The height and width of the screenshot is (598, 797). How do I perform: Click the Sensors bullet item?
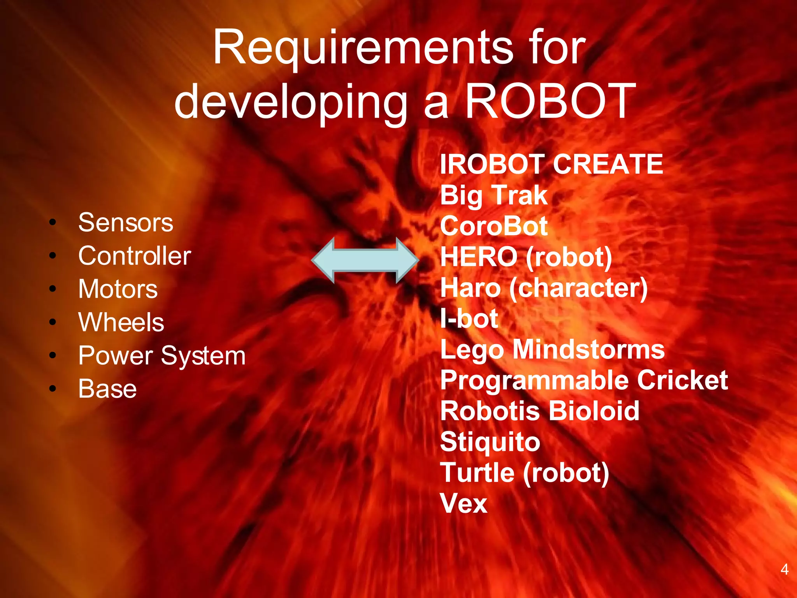[125, 223]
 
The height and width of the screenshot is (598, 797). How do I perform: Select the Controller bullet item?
[135, 256]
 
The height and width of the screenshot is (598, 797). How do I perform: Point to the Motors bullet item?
[118, 289]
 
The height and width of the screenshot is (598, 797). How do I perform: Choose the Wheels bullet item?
[121, 322]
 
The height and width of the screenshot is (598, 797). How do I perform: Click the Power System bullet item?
[162, 356]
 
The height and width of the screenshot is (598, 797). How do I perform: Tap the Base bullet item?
[107, 389]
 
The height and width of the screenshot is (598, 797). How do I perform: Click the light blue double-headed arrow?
[365, 260]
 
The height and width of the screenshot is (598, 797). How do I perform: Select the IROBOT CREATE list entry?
[551, 164]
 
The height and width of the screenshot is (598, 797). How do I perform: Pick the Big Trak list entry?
[494, 195]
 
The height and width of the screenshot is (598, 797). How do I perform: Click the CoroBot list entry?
[494, 226]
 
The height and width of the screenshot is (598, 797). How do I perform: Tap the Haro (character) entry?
[544, 288]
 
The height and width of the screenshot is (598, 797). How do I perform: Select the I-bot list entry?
[469, 319]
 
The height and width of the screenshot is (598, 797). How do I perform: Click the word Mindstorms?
[588, 350]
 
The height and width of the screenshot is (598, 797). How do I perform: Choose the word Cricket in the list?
[682, 380]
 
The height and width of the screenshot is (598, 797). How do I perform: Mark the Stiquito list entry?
[490, 442]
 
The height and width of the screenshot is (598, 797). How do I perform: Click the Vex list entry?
[463, 504]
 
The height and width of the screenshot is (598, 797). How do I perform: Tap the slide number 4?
[785, 570]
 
